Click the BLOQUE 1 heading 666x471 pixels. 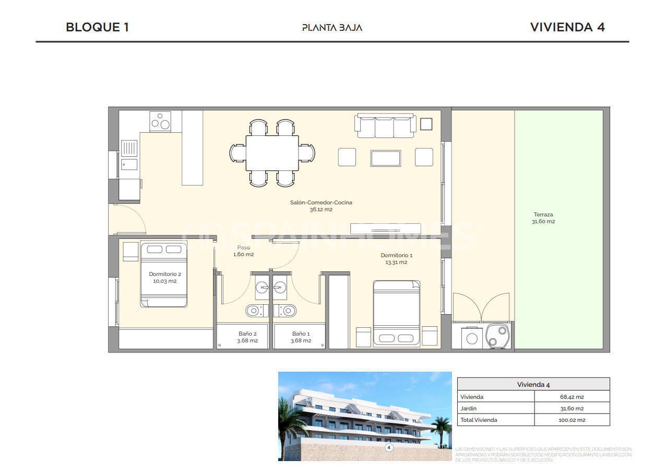97,27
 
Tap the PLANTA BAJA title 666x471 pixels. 332,28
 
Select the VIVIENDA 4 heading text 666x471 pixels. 567,27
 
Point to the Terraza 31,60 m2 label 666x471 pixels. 543,217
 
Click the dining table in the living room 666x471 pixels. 272,153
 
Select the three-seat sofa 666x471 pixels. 385,126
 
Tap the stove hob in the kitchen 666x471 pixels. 160,121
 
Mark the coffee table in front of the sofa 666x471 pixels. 385,158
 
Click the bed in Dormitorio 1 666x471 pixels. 397,313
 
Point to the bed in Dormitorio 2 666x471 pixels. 163,274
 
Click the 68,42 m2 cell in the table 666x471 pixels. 572,397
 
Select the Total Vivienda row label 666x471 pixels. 479,420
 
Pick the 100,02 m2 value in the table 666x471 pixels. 572,420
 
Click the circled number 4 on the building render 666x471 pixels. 388,447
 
